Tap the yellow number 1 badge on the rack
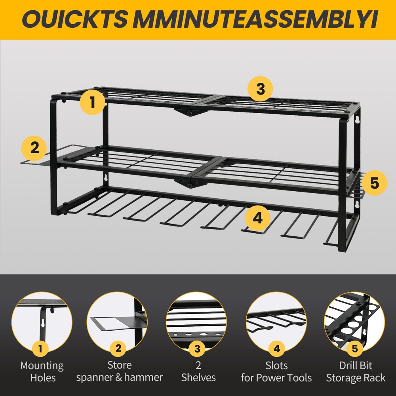pos(92,102)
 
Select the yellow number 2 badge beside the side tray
pos(34,148)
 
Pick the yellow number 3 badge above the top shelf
pos(260,89)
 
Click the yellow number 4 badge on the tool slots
pos(257,218)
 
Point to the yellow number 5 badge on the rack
pos(374,183)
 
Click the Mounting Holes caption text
pos(42,371)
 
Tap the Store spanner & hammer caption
pos(119,371)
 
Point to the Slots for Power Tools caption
pos(276,371)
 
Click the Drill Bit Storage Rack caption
pos(355,371)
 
